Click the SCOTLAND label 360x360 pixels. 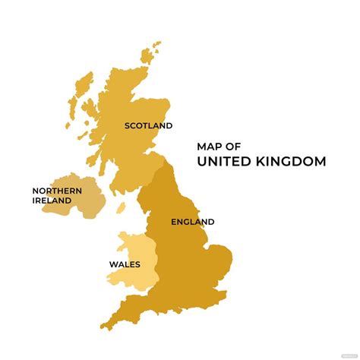[x=149, y=125]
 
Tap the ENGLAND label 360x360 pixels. [x=192, y=222]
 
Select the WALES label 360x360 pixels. [x=125, y=265]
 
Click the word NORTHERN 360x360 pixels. [x=58, y=191]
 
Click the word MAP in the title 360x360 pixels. [x=208, y=146]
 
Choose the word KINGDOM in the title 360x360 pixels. [x=292, y=161]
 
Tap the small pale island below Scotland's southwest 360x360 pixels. [x=121, y=207]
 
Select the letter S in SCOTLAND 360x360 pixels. [x=128, y=125]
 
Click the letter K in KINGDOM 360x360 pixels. [x=259, y=161]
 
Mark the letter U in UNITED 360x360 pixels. [x=202, y=161]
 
